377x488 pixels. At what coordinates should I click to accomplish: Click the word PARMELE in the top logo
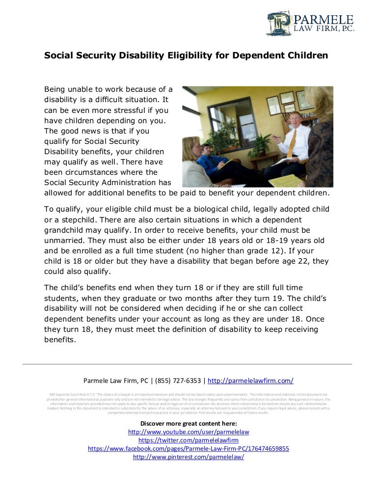pyautogui.click(x=323, y=19)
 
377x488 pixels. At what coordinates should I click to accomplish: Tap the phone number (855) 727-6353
pyautogui.click(x=181, y=380)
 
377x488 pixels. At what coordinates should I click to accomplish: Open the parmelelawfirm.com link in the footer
pyautogui.click(x=251, y=380)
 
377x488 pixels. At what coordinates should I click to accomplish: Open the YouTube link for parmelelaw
pyautogui.click(x=188, y=432)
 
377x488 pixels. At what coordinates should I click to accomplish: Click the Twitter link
pyautogui.click(x=188, y=440)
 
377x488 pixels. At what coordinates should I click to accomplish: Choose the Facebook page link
pyautogui.click(x=188, y=448)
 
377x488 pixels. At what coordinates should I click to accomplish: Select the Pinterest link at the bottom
pyautogui.click(x=188, y=457)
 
